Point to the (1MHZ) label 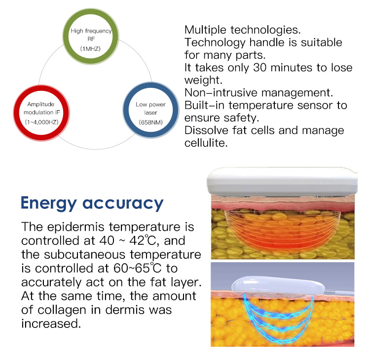tap(90, 49)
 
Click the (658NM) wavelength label tap(151, 122)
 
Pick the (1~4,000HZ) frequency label tap(41, 122)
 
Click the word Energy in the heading tap(49, 203)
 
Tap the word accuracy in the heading tap(123, 203)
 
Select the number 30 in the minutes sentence tap(260, 68)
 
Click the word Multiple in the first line tap(206, 30)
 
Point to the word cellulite tap(206, 143)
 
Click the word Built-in tap(204, 105)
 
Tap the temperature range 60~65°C tap(137, 268)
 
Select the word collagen tap(62, 311)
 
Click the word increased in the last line tap(51, 323)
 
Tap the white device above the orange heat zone tap(282, 181)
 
